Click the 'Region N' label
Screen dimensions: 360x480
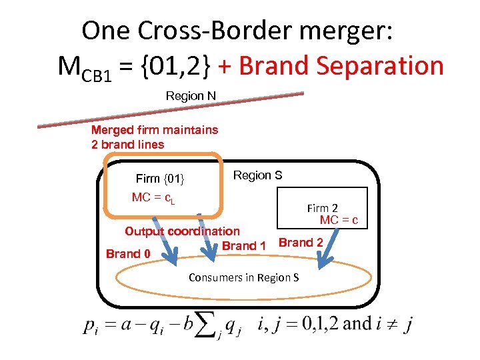[191, 96]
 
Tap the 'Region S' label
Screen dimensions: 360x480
[257, 175]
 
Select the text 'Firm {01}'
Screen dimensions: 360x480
[160, 179]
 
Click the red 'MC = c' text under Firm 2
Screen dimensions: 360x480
[339, 220]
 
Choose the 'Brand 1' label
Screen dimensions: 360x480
[244, 246]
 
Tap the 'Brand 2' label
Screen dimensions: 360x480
[301, 243]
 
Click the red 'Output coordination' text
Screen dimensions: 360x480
[182, 231]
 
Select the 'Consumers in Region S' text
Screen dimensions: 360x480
[243, 277]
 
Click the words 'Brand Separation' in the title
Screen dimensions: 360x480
[341, 65]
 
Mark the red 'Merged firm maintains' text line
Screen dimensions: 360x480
[154, 130]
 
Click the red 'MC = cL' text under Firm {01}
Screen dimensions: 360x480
[153, 198]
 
